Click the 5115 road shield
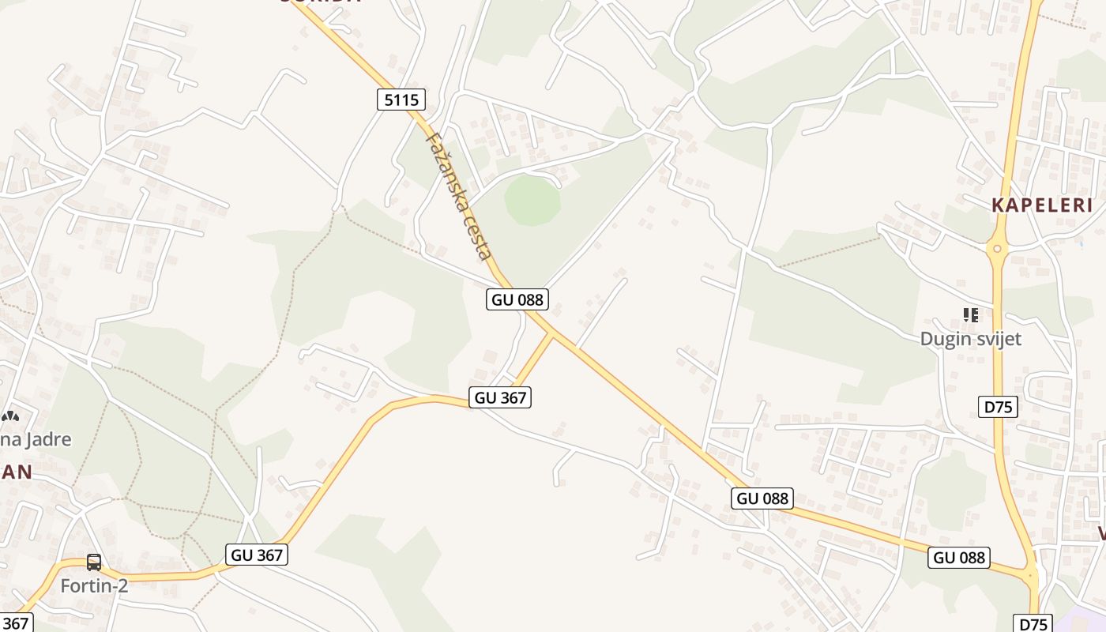point(401,100)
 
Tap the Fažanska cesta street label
point(459,195)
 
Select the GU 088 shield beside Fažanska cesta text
point(517,299)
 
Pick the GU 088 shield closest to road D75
point(959,557)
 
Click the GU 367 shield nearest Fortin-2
point(257,555)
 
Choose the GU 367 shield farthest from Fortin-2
point(500,397)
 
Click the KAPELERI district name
point(1042,205)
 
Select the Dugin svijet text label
point(970,339)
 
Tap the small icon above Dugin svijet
point(971,315)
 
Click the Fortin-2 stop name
point(94,585)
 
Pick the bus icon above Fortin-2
point(94,562)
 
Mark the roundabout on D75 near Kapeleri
point(997,250)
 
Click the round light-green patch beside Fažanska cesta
point(532,201)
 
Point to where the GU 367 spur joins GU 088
point(553,334)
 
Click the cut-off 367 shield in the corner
point(14,623)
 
